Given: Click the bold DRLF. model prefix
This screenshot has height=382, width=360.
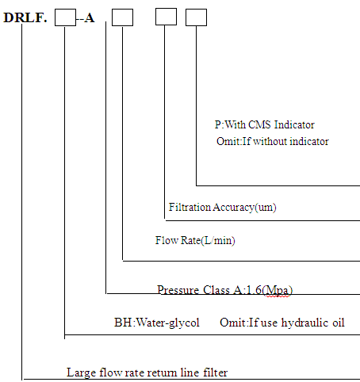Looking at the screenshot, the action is coord(25,17).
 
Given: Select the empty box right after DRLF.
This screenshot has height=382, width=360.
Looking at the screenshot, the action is coord(65,17).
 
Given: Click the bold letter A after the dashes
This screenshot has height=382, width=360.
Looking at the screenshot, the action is coord(90,18).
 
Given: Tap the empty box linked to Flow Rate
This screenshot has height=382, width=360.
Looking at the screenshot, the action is coord(122,17).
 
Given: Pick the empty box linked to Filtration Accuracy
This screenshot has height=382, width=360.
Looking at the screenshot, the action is coord(166,17).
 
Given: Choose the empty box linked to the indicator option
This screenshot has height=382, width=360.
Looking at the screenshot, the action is coord(196,17).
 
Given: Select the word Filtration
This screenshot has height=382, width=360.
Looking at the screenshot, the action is coord(190,207).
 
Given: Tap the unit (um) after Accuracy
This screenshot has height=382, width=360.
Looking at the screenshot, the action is coord(266,208).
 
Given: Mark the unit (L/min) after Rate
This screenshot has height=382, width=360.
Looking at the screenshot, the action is coord(218,241).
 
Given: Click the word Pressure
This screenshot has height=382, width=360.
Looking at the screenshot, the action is coord(178,290).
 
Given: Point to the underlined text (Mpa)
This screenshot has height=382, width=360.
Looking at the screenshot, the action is coord(278,291).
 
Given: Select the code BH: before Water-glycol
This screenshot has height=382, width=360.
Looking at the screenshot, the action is coord(124,323).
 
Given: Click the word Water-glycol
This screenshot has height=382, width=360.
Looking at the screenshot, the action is coord(168,323).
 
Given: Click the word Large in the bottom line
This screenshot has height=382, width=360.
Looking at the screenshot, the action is coord(81,372).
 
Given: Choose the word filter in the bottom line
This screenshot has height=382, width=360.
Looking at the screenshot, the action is coord(216,372).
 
